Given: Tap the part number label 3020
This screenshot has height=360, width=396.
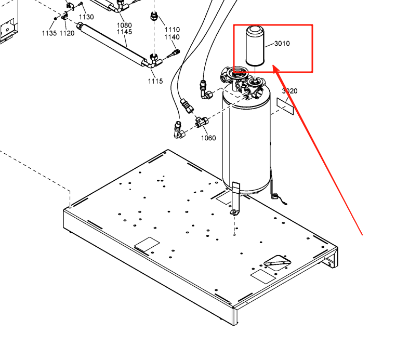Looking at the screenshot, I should (289, 91).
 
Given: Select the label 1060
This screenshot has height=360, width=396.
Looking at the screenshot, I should (208, 138).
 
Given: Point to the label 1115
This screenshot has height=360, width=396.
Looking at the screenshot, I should (155, 81).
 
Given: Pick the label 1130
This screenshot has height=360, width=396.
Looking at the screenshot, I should (86, 17).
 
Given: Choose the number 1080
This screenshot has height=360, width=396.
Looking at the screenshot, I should (124, 25).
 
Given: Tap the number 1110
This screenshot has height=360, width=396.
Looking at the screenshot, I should (172, 30).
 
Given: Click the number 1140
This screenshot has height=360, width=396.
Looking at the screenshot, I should (172, 37).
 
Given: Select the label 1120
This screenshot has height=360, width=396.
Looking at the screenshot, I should (67, 33).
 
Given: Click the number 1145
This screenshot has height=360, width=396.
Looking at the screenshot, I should (124, 32).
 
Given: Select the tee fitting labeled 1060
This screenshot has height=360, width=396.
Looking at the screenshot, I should (200, 123).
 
